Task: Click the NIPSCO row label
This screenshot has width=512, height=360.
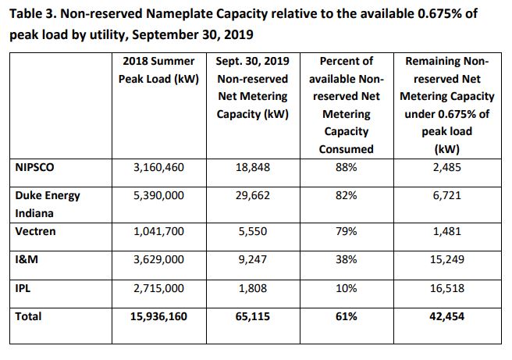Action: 34,167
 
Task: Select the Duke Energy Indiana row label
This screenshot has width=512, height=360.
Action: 48,204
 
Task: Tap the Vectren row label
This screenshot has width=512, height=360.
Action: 35,231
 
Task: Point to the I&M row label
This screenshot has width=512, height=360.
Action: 27,259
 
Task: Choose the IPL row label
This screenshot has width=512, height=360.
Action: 23,288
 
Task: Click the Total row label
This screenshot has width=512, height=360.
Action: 28,316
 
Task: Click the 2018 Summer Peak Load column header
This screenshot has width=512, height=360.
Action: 158,70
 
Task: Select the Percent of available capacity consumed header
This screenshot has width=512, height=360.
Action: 347,105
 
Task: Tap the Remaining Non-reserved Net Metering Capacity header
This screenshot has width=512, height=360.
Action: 447,105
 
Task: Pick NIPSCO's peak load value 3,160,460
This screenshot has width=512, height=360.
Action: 158,167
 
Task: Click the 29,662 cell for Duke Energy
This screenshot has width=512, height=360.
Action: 253,195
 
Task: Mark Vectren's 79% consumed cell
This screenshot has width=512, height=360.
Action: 346,231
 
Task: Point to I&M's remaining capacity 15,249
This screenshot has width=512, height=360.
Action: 447,259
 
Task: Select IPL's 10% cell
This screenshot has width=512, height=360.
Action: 346,288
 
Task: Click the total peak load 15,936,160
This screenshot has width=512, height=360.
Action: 158,316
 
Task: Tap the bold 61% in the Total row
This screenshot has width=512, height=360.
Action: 346,316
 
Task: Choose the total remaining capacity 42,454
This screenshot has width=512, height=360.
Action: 447,316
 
